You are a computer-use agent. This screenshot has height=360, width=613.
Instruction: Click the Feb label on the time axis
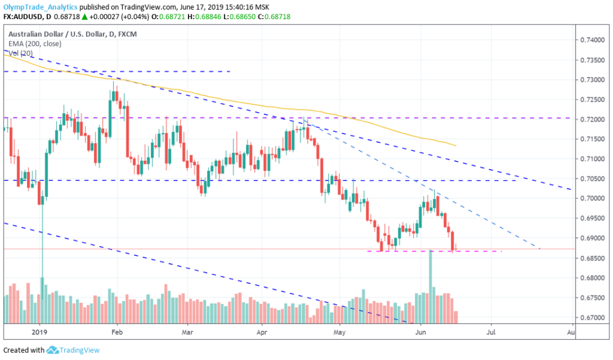click(x=117, y=331)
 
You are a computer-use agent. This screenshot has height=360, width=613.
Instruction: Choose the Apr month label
click(x=262, y=331)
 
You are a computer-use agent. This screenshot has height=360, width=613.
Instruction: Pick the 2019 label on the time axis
click(x=40, y=331)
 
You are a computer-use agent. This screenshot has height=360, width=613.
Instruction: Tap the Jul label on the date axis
click(x=491, y=331)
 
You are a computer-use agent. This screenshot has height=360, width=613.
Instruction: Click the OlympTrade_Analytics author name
click(x=39, y=7)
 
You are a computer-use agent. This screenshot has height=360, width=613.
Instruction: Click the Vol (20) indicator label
click(x=21, y=53)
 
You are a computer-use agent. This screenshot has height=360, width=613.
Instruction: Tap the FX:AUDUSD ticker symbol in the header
click(x=22, y=16)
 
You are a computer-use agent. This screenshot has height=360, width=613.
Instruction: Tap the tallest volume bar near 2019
click(x=42, y=300)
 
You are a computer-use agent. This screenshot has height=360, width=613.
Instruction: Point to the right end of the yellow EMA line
click(x=456, y=146)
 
